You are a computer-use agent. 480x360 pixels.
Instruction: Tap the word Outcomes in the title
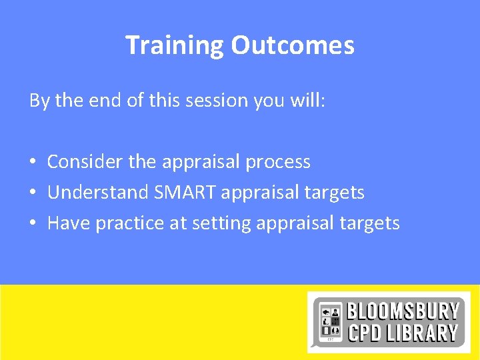click(293, 45)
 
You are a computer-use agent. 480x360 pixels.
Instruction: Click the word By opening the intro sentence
click(39, 101)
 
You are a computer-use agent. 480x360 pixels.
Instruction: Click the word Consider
click(86, 162)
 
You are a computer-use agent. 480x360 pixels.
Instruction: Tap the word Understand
click(98, 193)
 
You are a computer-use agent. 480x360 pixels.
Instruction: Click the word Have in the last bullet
click(69, 223)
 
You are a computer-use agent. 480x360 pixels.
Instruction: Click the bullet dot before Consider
click(33, 162)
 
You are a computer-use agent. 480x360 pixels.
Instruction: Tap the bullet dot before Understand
click(33, 193)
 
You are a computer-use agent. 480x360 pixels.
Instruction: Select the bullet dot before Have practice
click(33, 223)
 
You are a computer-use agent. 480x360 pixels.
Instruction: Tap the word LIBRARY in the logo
click(426, 333)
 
